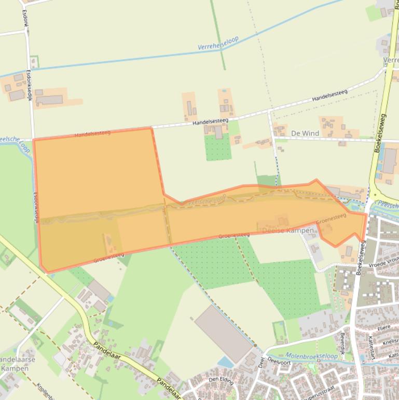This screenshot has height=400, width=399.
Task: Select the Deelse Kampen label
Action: [288, 230]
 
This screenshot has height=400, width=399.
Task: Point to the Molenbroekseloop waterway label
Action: [311, 356]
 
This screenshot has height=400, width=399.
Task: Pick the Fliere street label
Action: [383, 328]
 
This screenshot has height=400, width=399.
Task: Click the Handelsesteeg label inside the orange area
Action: [92, 134]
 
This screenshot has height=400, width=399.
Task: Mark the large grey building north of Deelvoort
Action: [223, 332]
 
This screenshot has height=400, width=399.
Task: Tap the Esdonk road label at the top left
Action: [24, 19]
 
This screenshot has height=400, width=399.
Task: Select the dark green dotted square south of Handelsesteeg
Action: [218, 148]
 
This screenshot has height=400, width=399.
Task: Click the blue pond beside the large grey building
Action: [225, 361]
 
